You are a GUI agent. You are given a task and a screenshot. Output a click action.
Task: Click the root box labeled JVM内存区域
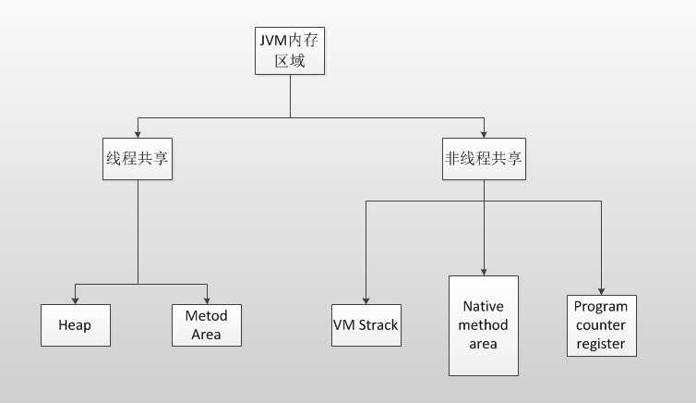[290, 51]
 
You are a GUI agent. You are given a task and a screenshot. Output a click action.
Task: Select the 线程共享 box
[138, 158]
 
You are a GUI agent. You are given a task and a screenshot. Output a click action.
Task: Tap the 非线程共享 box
[483, 158]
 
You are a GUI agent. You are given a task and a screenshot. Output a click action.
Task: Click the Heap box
[76, 325]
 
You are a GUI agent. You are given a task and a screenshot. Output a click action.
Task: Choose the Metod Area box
[206, 324]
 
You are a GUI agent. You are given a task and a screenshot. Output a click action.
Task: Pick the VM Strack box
[366, 325]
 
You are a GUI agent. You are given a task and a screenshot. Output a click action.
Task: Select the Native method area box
[483, 324]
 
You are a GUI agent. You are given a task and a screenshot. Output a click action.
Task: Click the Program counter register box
[601, 325]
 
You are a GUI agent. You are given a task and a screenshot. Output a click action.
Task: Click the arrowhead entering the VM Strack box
[366, 299]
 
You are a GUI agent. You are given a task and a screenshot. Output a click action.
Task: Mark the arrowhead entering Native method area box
[483, 270]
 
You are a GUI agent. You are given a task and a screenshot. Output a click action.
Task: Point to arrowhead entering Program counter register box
[601, 289]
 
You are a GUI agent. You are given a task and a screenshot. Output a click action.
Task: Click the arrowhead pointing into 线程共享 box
[138, 133]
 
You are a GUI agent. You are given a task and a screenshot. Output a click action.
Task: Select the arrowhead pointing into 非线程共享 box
[483, 133]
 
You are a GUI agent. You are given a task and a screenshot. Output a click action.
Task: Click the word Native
[483, 306]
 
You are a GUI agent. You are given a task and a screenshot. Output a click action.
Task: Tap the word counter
[601, 325]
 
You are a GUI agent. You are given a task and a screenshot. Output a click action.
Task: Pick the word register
[601, 344]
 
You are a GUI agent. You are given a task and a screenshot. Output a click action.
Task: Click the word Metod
[206, 315]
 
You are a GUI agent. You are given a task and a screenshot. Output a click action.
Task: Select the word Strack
[378, 325]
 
